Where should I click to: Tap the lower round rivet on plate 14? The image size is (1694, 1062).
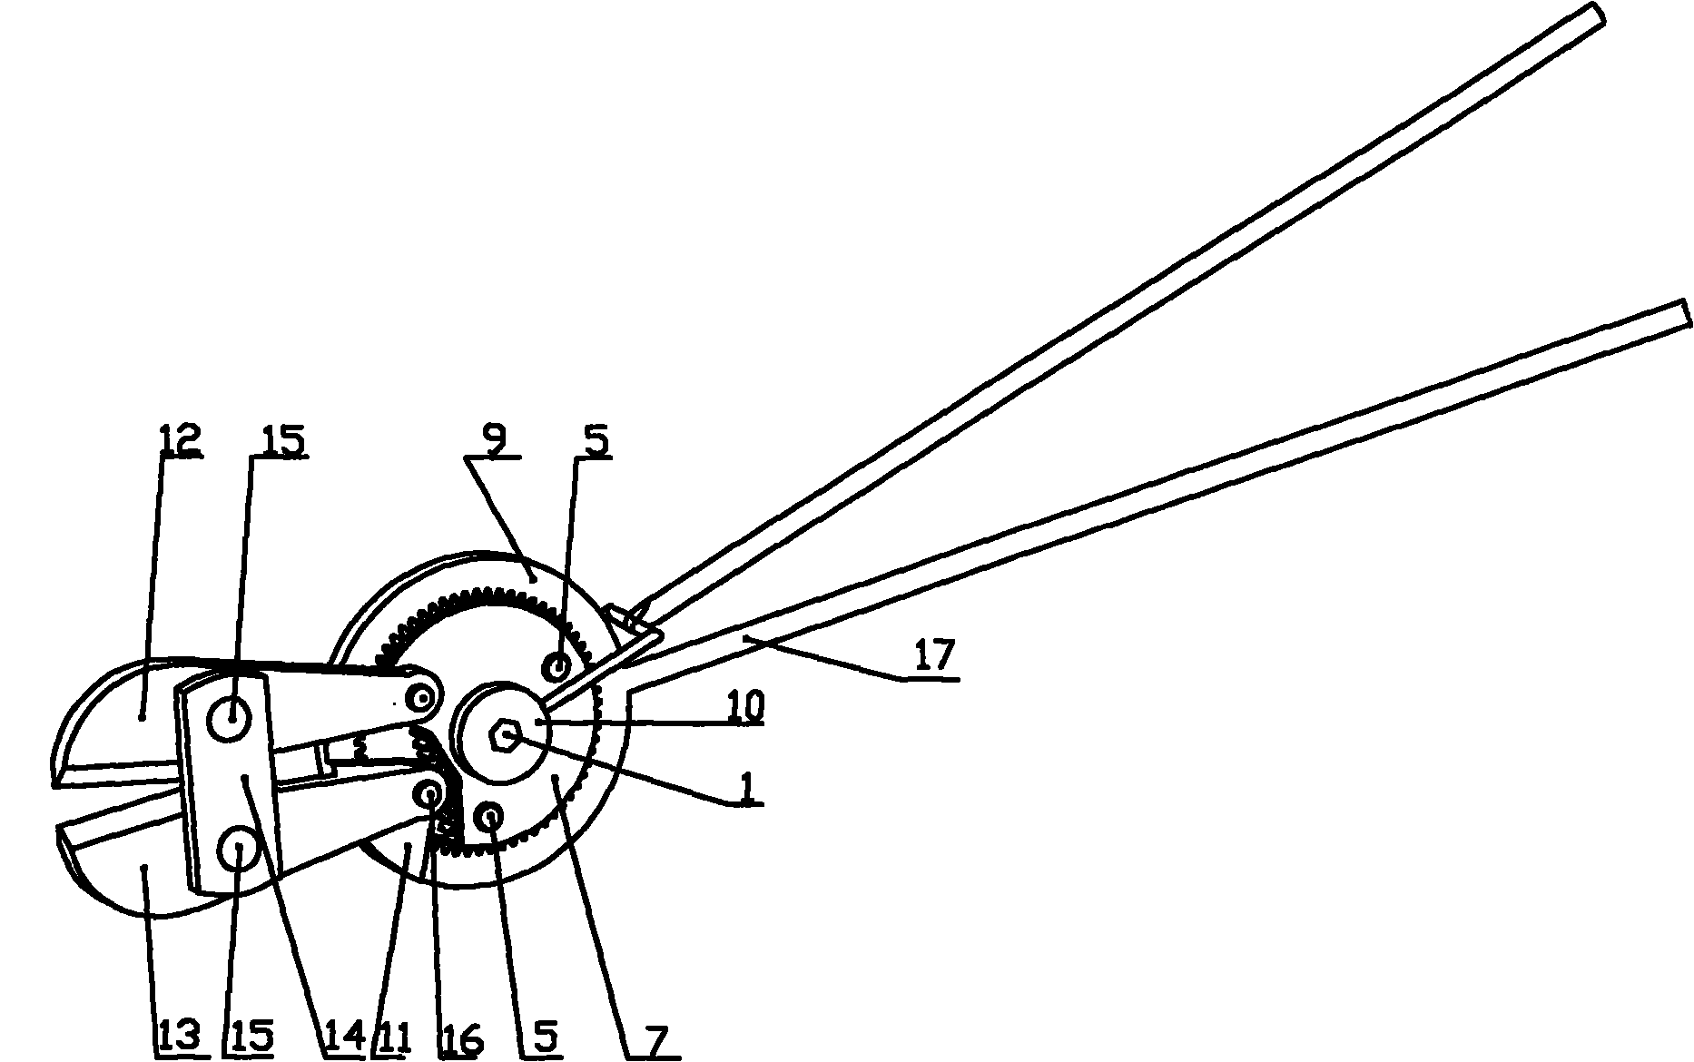(x=238, y=851)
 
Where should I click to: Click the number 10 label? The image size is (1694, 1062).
(x=744, y=706)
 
